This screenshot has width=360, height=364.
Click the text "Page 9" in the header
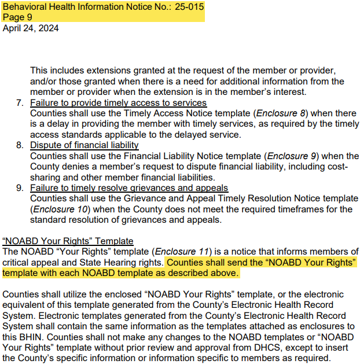17,17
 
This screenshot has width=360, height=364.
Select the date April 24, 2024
31,28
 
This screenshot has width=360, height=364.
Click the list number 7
19,103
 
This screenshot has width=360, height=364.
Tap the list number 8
19,145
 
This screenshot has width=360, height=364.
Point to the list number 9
19,188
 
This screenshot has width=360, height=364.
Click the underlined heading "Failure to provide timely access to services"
118,103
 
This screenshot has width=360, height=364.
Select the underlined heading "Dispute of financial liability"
85,145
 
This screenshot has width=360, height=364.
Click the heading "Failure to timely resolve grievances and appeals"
129,188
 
